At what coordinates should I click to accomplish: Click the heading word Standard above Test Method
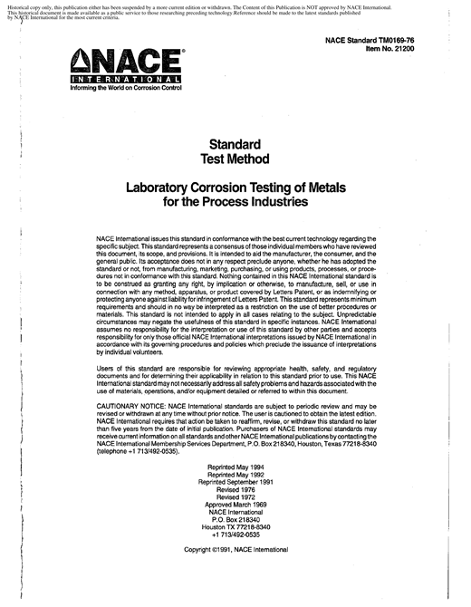235,144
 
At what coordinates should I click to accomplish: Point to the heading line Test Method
235,159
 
